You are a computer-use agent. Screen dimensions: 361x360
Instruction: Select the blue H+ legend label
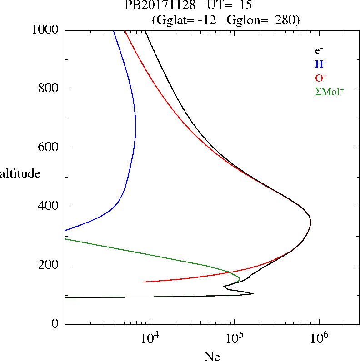click(322, 64)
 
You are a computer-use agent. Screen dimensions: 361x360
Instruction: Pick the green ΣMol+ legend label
click(330, 91)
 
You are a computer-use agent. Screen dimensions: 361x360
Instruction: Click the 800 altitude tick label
click(49, 89)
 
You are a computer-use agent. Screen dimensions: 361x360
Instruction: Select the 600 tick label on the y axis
click(49, 148)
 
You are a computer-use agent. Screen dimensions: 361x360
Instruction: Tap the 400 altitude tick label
click(49, 207)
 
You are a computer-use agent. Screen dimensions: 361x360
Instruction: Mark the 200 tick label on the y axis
click(49, 266)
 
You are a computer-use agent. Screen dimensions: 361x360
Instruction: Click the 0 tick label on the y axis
click(55, 324)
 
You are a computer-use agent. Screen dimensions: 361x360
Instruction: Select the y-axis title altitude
click(20, 173)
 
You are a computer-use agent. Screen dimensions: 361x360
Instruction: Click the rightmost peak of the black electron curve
click(310, 222)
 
